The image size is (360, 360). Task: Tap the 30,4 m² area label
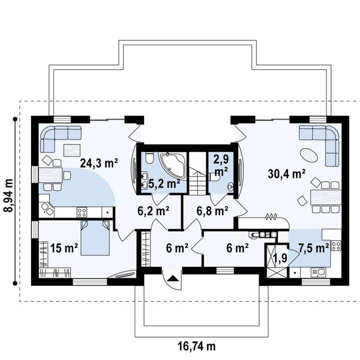pyautogui.click(x=286, y=174)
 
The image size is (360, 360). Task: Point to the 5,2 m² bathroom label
pyautogui.click(x=164, y=183)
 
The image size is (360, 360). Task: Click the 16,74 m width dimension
pyautogui.click(x=197, y=345)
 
